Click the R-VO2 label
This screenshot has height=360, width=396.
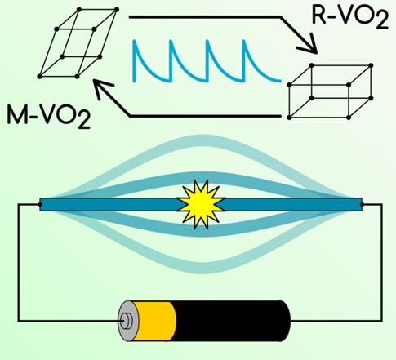tap(349, 16)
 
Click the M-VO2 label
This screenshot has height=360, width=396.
tap(48, 116)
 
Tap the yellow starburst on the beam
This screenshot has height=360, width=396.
tap(201, 205)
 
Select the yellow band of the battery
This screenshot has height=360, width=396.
tap(154, 321)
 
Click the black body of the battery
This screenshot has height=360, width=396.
tap(231, 321)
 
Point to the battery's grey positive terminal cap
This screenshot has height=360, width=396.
tap(127, 321)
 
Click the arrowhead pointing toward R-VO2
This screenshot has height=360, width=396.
tap(309, 43)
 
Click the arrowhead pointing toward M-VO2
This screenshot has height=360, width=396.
tap(102, 88)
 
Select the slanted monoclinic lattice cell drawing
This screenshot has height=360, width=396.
tap(78, 43)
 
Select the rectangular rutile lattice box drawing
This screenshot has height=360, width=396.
tap(330, 91)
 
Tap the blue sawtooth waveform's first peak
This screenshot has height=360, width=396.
tap(134, 41)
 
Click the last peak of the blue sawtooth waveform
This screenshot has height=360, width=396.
tap(243, 41)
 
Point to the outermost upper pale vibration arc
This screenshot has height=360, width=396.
tap(202, 139)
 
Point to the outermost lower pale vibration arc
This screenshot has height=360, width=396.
tap(202, 269)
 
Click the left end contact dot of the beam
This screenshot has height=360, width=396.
tap(40, 205)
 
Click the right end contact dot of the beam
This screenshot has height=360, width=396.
tap(362, 205)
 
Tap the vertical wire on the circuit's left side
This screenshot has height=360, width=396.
tap(19, 263)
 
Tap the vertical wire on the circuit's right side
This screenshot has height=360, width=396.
tap(382, 263)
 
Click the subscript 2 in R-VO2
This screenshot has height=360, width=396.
tap(381, 21)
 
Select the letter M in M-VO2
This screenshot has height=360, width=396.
tap(16, 114)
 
